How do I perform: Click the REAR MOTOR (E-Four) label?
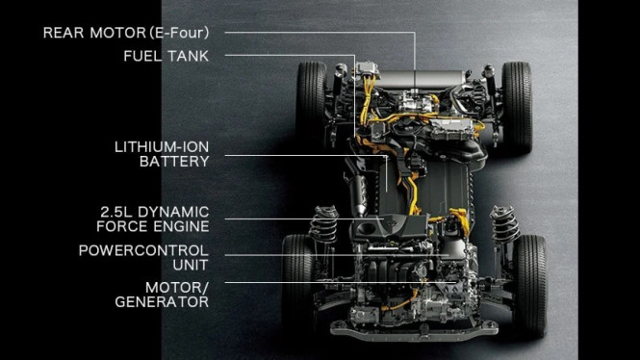(125, 32)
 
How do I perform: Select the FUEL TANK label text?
(166, 56)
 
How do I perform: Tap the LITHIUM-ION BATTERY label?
(161, 154)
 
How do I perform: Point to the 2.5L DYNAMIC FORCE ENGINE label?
(154, 219)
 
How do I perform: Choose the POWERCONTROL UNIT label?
(143, 257)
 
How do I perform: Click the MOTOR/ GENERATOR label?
(163, 295)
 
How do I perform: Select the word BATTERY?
(173, 162)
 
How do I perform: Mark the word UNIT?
(191, 264)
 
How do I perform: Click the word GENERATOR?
(163, 302)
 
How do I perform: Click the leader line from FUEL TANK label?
(289, 56)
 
